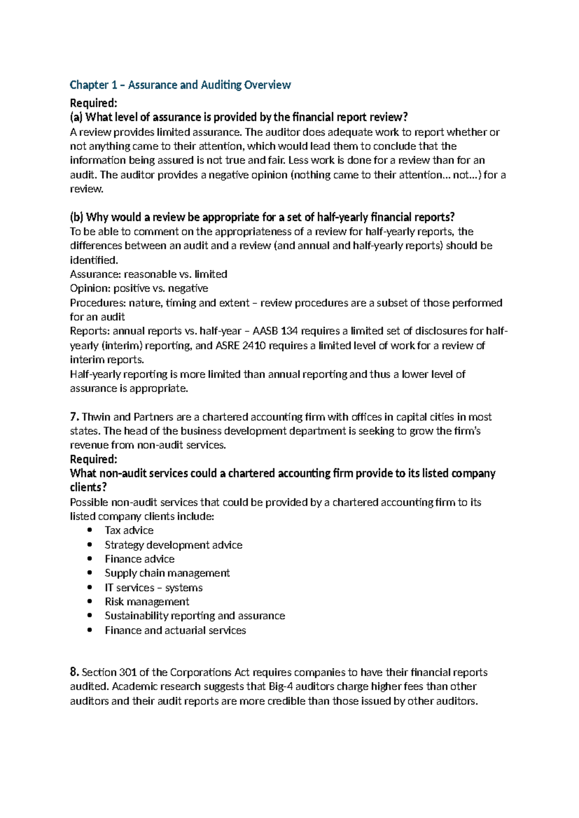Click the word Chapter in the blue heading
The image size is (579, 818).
coord(89,85)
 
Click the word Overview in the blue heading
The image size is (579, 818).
coord(267,85)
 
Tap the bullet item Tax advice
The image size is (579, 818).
coord(129,531)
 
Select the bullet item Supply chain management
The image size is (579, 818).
coord(167,573)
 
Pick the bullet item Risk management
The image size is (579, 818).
coord(147,601)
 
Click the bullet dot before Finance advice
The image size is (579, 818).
coord(90,559)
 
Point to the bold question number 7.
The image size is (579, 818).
coord(74,417)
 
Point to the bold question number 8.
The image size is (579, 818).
coord(74,672)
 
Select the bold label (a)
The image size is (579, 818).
coord(76,117)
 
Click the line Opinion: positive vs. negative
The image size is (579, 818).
coord(139,288)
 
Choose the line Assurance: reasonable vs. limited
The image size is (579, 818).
coord(149,274)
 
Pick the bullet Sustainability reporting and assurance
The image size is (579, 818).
coord(194,616)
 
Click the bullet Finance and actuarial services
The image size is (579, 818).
coord(175,630)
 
